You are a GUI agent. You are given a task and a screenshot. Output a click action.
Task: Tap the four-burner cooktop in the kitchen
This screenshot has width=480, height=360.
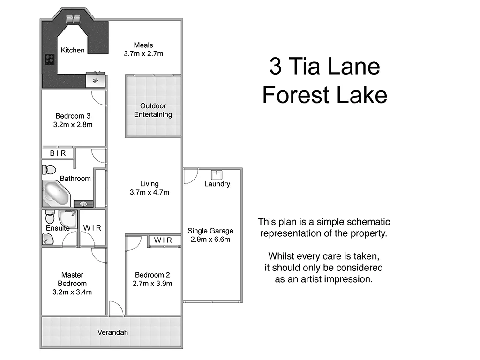pyautogui.click(x=50, y=60)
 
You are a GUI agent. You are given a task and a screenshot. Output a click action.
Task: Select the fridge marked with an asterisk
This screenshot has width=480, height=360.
pyautogui.click(x=96, y=81)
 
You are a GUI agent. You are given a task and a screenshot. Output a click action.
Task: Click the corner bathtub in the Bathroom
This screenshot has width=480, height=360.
pyautogui.click(x=56, y=194)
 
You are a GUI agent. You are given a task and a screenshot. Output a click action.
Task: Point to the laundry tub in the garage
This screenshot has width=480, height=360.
pyautogui.click(x=217, y=174)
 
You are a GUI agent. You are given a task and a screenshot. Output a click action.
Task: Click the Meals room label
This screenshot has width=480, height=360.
pyautogui.click(x=143, y=45)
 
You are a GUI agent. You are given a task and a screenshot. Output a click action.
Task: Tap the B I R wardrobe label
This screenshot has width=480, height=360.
pyautogui.click(x=58, y=153)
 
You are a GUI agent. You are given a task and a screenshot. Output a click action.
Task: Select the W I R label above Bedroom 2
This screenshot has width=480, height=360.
pyautogui.click(x=163, y=240)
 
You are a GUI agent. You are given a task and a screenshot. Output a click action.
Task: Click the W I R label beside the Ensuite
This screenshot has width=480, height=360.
pyautogui.click(x=92, y=228)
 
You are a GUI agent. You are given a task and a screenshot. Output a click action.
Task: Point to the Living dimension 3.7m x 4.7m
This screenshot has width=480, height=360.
pyautogui.click(x=149, y=192)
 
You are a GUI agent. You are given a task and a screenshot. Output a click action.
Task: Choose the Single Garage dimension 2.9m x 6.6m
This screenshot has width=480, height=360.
pyautogui.click(x=210, y=239)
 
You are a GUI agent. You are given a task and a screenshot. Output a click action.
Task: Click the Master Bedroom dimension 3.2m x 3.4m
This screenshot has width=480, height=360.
pyautogui.click(x=72, y=292)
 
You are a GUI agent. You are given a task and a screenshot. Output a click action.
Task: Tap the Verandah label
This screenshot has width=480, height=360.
pyautogui.click(x=112, y=332)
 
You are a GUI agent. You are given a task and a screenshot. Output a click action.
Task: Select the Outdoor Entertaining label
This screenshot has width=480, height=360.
pyautogui.click(x=153, y=110)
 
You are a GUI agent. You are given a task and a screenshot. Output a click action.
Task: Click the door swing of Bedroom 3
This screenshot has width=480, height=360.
pyautogui.click(x=98, y=97)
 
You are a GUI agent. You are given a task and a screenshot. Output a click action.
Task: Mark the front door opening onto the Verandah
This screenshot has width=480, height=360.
pyautogui.click(x=116, y=309)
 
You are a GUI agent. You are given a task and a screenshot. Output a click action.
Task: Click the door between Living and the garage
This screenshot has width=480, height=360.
pyautogui.click(x=190, y=176)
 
